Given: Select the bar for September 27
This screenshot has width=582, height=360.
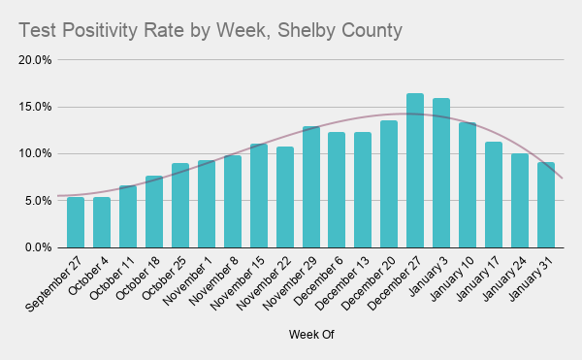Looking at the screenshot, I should click(76, 222).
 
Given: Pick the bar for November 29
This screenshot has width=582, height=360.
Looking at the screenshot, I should click(310, 187).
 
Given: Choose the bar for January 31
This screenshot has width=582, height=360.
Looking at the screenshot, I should click(546, 205).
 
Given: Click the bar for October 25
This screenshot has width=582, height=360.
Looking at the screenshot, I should click(180, 206).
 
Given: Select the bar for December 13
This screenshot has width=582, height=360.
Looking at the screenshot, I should click(363, 190).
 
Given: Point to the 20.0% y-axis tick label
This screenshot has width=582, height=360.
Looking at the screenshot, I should click(36, 60).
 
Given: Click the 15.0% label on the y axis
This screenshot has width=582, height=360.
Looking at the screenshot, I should click(36, 107).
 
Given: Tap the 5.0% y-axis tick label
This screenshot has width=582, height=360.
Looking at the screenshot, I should click(39, 201).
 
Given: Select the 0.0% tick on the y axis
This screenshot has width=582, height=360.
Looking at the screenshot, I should click(39, 248).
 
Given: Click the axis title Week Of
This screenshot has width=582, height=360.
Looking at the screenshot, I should click(310, 335).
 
